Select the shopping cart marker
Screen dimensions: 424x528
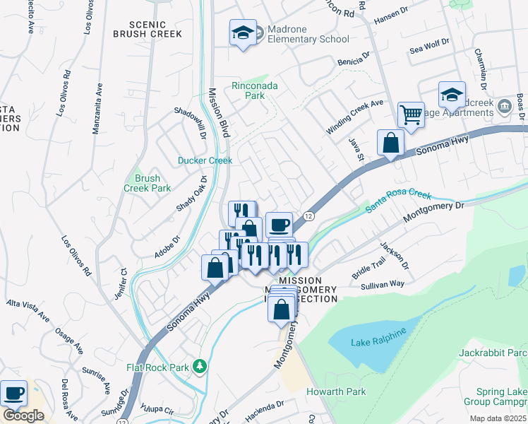[x=410, y=113]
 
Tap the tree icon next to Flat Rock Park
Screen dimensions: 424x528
[x=201, y=366]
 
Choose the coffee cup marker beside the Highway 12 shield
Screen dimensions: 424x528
[x=279, y=224]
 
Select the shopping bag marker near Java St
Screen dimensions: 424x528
[x=390, y=143]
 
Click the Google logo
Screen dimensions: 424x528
[x=23, y=415]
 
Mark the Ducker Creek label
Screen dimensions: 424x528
[x=205, y=160]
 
